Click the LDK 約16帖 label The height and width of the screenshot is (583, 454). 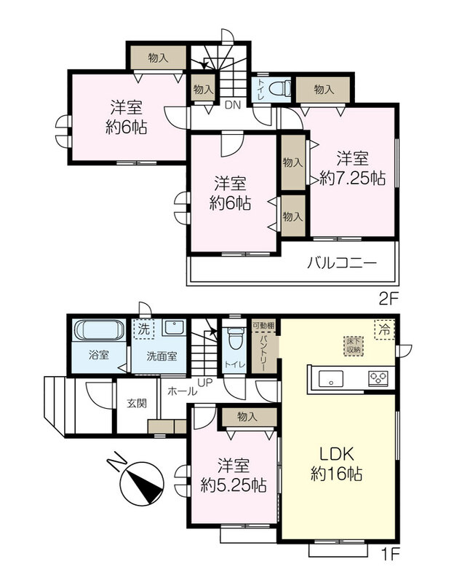(x=336, y=463)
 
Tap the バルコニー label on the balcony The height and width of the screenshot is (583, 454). (x=342, y=263)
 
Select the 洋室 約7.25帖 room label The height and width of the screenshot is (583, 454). (x=352, y=168)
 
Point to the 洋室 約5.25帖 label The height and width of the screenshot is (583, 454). (x=234, y=475)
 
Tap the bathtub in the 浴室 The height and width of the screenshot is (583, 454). (x=99, y=330)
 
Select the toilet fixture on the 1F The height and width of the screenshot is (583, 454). (x=234, y=337)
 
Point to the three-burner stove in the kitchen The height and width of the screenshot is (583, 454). (x=378, y=378)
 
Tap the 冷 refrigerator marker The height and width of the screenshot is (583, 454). (x=385, y=329)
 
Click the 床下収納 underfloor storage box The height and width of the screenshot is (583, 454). (x=353, y=346)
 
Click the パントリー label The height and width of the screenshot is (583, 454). (x=263, y=353)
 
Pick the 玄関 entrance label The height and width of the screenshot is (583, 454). (x=137, y=403)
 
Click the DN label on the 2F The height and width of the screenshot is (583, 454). (x=233, y=105)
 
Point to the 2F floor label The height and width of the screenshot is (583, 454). (x=389, y=299)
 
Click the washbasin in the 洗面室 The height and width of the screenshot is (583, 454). (x=174, y=327)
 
